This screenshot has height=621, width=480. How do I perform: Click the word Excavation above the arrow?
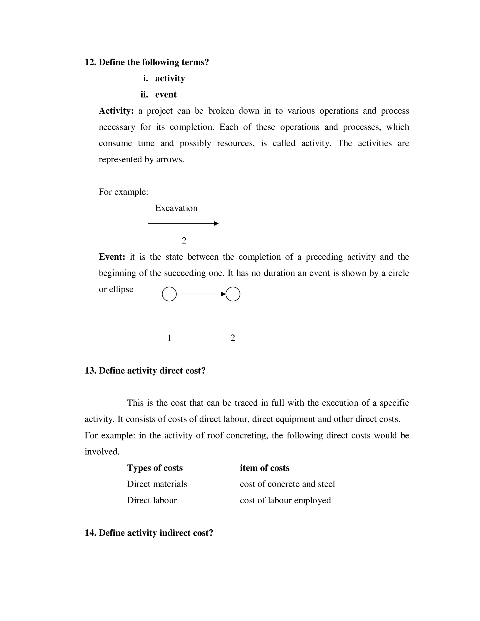click(x=176, y=208)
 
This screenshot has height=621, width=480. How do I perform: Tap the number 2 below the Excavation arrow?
click(x=184, y=241)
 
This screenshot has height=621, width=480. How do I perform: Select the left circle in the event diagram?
click(x=169, y=294)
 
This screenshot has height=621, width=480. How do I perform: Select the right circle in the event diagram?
click(x=233, y=294)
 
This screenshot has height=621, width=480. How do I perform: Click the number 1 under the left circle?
click(x=169, y=338)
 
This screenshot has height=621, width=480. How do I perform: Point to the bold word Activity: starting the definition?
click(x=116, y=111)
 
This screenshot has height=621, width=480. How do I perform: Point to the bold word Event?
click(x=112, y=257)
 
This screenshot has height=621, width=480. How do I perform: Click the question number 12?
click(x=90, y=62)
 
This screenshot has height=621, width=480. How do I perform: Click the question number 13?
click(x=90, y=370)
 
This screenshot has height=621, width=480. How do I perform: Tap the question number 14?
click(x=90, y=533)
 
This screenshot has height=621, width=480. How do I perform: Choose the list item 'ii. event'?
click(x=159, y=94)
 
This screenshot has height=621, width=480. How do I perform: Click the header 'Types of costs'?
click(x=155, y=468)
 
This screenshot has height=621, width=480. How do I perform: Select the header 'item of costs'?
click(x=264, y=468)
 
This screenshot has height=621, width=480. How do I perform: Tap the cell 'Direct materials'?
click(x=157, y=484)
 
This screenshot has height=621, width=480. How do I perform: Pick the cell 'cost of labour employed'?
click(x=285, y=500)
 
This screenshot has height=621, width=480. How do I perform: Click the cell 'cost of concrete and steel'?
click(x=287, y=484)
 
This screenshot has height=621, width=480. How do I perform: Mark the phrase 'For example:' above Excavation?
click(x=124, y=192)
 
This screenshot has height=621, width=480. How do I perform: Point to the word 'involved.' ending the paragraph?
click(x=102, y=452)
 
